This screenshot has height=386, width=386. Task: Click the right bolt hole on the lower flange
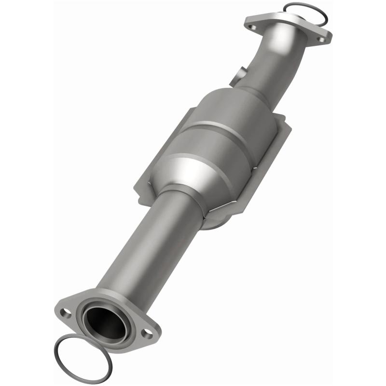point(146,332)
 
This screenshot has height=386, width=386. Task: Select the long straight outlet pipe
point(145,251)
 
